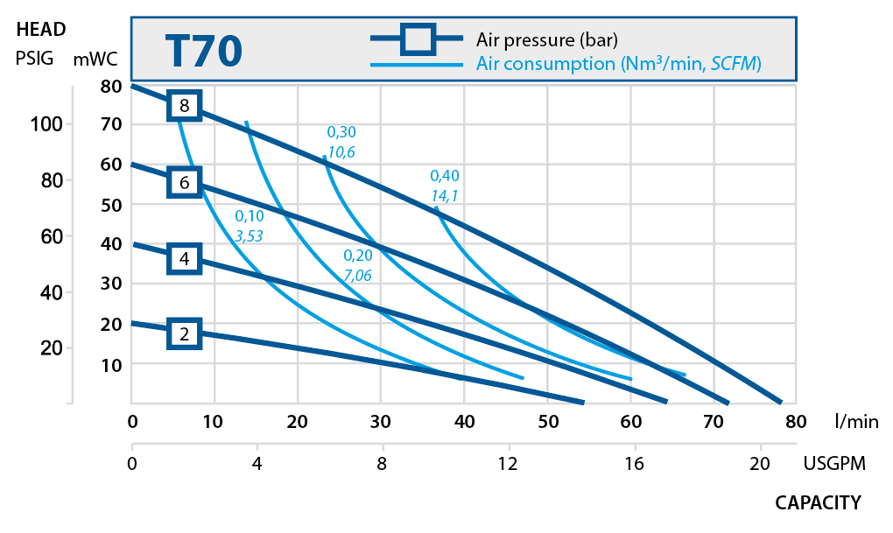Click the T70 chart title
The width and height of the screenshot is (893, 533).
click(x=203, y=52)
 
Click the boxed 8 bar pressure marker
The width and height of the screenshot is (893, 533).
click(x=184, y=106)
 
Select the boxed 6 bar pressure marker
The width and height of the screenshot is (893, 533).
click(x=184, y=183)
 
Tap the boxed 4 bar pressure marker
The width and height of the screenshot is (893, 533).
click(x=184, y=259)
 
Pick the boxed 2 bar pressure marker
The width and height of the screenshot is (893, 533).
click(x=184, y=333)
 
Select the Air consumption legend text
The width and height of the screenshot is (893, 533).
click(x=618, y=64)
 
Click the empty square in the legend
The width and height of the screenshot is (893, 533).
click(x=417, y=39)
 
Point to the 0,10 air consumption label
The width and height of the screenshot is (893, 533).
click(x=250, y=216)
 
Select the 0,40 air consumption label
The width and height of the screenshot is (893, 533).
click(x=445, y=175)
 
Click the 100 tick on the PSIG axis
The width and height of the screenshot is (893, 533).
click(x=44, y=123)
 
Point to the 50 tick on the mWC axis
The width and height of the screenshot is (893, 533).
click(x=110, y=204)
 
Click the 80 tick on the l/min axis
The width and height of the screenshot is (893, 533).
click(x=795, y=421)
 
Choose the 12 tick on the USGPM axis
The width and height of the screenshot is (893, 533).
click(x=508, y=464)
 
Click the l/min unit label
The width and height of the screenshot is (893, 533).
click(x=857, y=421)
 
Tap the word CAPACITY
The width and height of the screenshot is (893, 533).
click(x=818, y=502)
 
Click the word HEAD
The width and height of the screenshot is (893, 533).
click(x=41, y=30)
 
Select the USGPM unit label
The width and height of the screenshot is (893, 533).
click(x=834, y=464)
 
